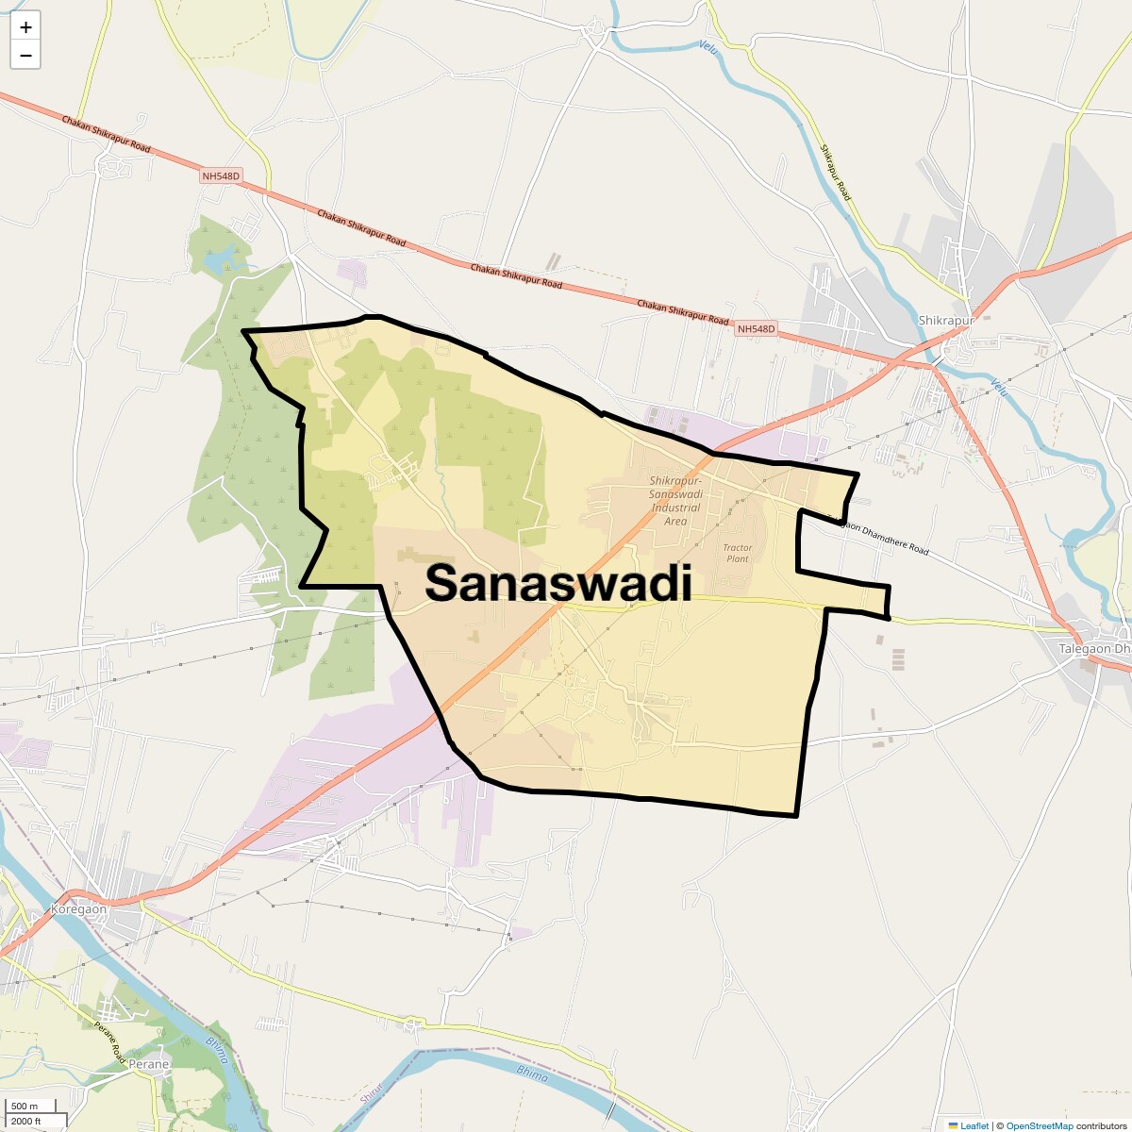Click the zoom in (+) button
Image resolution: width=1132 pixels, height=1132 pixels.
click(x=25, y=27)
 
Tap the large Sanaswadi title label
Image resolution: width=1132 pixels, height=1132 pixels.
click(x=558, y=583)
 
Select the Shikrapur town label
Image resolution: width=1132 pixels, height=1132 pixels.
click(x=945, y=321)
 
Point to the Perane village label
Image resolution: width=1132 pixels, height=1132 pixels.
click(x=148, y=1064)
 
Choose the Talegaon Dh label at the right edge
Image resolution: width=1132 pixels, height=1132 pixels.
click(x=1093, y=649)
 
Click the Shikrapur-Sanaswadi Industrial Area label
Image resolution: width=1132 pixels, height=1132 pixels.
click(x=675, y=501)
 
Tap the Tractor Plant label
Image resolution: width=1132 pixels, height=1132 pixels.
click(x=738, y=553)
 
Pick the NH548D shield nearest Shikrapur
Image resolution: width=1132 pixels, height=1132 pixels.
click(x=756, y=329)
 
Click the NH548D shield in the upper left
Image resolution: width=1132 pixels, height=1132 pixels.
click(x=221, y=176)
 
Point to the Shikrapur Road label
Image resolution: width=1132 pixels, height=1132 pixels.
click(x=835, y=173)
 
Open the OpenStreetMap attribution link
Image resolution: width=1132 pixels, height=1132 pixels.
click(x=1039, y=1125)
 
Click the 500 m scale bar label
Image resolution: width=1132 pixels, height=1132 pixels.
click(x=25, y=1107)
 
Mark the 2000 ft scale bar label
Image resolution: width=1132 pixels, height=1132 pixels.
click(x=26, y=1121)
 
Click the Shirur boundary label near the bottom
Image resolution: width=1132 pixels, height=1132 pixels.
click(x=368, y=1094)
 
